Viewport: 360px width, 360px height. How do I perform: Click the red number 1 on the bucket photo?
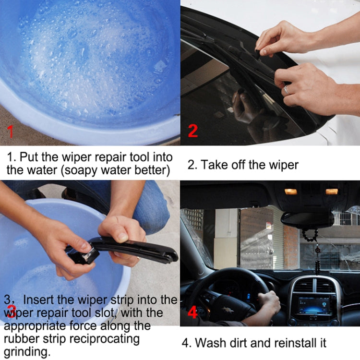(10, 130)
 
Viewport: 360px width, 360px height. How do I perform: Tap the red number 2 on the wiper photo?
(192, 130)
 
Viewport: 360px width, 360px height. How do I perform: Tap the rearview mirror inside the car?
(307, 219)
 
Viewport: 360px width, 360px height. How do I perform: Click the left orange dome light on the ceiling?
(291, 192)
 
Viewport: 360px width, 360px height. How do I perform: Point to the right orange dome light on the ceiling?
(332, 192)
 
